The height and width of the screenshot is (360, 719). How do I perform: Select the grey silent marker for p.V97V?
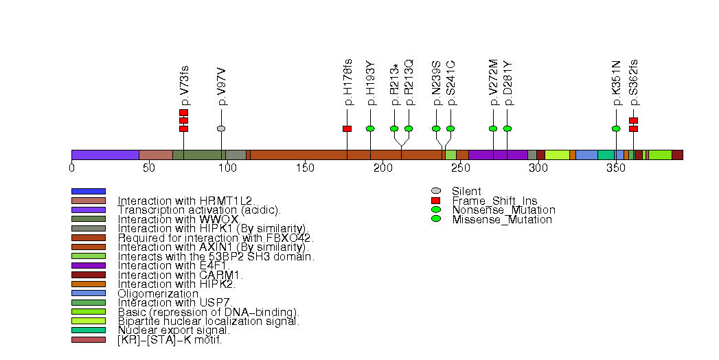[221, 128]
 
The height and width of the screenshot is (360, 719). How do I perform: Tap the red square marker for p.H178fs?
[347, 128]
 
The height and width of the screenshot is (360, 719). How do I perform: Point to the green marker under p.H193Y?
[370, 128]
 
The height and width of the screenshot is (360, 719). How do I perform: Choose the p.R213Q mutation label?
[409, 83]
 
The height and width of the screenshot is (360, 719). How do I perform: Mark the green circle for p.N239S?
[436, 128]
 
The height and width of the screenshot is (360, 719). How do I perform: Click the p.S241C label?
[451, 83]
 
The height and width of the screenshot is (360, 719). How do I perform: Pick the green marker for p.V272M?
[493, 128]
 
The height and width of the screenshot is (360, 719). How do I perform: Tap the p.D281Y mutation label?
[507, 83]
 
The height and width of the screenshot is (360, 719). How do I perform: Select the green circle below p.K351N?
[616, 128]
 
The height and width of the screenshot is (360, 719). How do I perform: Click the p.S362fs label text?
[633, 83]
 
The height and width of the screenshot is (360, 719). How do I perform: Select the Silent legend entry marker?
[435, 191]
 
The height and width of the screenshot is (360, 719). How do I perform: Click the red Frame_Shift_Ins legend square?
[435, 201]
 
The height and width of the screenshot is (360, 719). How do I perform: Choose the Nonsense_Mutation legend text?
[503, 210]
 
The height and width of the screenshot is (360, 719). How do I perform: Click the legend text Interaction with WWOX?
[178, 219]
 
